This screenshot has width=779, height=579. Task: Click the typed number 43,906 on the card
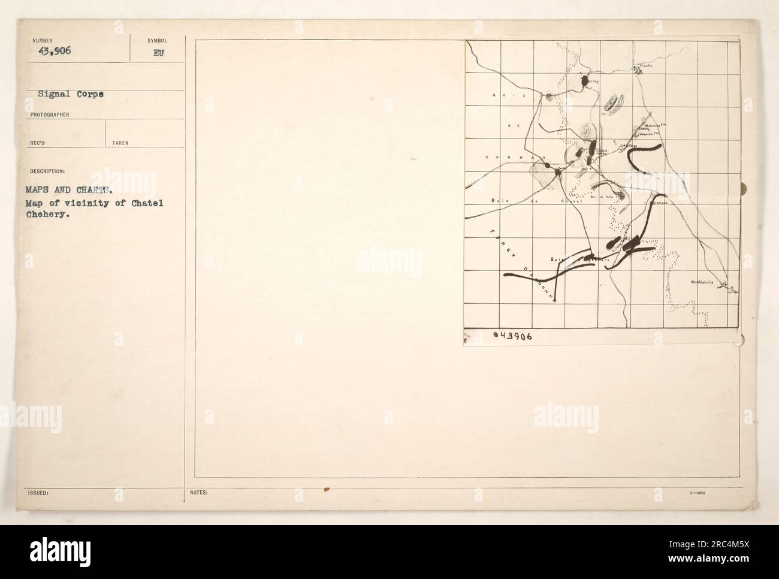(50, 50)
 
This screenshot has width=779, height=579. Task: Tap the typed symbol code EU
(158, 52)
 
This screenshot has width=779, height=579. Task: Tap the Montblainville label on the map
(706, 281)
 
